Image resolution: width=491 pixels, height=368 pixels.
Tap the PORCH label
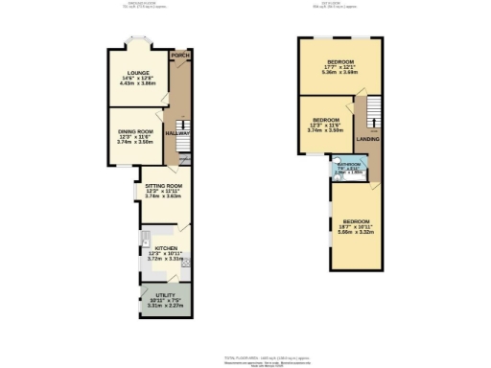tap(177, 56)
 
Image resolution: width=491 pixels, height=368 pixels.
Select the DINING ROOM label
tap(135, 130)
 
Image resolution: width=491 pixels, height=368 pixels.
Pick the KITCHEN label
tap(167, 246)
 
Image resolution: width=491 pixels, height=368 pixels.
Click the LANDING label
tap(368, 140)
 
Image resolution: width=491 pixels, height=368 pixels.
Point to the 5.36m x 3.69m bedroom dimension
tap(339, 72)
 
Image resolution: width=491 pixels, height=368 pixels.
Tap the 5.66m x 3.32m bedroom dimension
tap(356, 231)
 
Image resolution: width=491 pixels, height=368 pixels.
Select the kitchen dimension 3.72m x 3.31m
tap(166, 258)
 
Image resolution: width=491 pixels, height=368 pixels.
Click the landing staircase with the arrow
tap(364, 113)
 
